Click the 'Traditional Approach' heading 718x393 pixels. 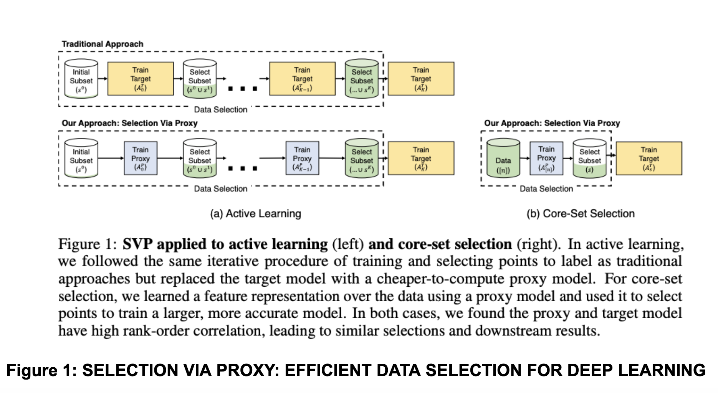point(103,44)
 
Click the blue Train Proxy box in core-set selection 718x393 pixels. point(546,158)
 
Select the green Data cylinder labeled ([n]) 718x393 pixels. point(503,158)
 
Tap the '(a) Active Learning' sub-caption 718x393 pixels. point(255,214)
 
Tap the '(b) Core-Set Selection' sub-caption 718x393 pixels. point(580,214)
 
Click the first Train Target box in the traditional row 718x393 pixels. point(140,79)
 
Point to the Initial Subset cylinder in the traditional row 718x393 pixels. point(81,79)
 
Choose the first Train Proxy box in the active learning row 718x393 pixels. point(140,158)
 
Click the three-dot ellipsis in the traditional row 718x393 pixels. point(243,89)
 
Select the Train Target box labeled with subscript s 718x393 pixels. point(649,158)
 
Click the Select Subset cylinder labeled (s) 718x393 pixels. point(589,158)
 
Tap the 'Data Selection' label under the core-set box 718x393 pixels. point(546,189)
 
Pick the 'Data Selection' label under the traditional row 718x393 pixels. point(220,110)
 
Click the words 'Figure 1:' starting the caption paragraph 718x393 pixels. point(87,244)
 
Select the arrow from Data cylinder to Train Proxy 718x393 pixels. point(524,158)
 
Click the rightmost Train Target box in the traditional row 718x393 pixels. point(421,79)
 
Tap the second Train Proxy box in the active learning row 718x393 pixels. point(302,158)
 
